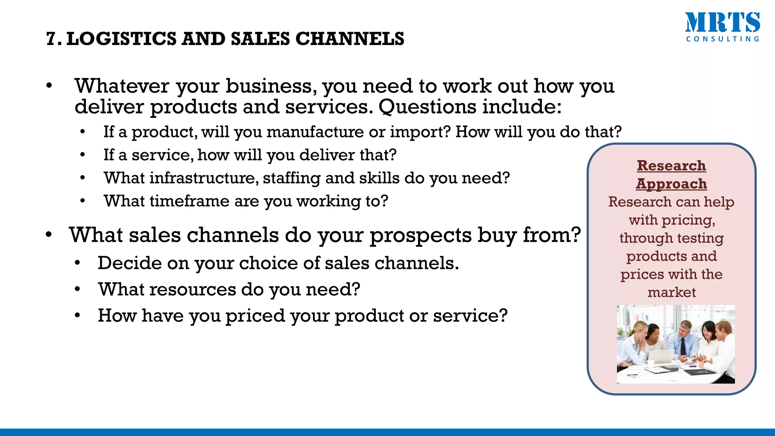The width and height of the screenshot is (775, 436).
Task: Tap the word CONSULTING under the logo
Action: [722, 39]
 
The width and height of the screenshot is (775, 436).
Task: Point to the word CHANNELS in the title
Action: [350, 39]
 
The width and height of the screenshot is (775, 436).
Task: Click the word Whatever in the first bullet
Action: [122, 86]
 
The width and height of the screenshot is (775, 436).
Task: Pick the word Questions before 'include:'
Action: [427, 107]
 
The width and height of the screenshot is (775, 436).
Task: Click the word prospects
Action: [420, 235]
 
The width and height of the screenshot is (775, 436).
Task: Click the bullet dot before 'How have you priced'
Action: [78, 315]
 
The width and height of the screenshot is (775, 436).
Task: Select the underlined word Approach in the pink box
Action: [671, 184]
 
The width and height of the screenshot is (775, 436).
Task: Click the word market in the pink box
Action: [671, 292]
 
